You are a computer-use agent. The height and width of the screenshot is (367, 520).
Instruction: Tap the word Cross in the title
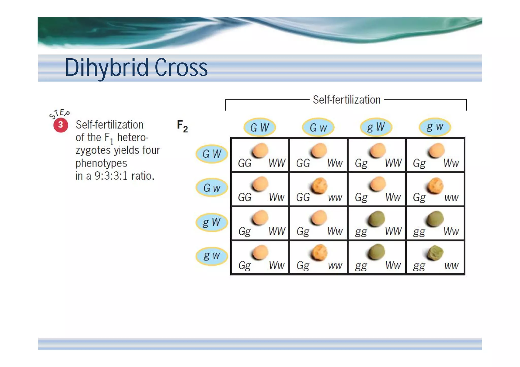point(181,68)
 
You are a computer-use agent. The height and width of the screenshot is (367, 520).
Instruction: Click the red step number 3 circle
point(61,125)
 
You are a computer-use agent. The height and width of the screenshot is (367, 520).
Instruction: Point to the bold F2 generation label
point(182,126)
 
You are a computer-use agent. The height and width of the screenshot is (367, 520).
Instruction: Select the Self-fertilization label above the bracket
point(346,100)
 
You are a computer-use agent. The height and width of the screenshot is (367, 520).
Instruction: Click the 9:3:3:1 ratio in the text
point(111,176)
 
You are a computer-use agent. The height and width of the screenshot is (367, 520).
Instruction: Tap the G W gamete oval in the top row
point(259,127)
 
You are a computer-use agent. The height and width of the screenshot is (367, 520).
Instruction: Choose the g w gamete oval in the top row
point(435,127)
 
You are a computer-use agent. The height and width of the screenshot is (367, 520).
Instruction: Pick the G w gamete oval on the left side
point(212,188)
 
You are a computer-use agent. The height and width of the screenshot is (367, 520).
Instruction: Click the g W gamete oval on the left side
point(212,222)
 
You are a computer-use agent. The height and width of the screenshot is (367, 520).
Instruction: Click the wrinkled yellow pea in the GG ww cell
point(319,186)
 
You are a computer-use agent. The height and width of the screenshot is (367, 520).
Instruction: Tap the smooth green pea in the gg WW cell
point(377,218)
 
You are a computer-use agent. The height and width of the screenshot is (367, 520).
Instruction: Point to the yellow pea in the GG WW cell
point(260,150)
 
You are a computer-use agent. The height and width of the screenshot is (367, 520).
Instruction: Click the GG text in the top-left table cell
point(245,163)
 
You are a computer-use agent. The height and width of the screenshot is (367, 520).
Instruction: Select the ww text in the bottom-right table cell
point(451,266)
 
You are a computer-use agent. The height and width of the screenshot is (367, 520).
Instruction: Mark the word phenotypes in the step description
point(101,163)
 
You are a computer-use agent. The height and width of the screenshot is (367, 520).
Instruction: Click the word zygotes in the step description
point(93,150)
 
